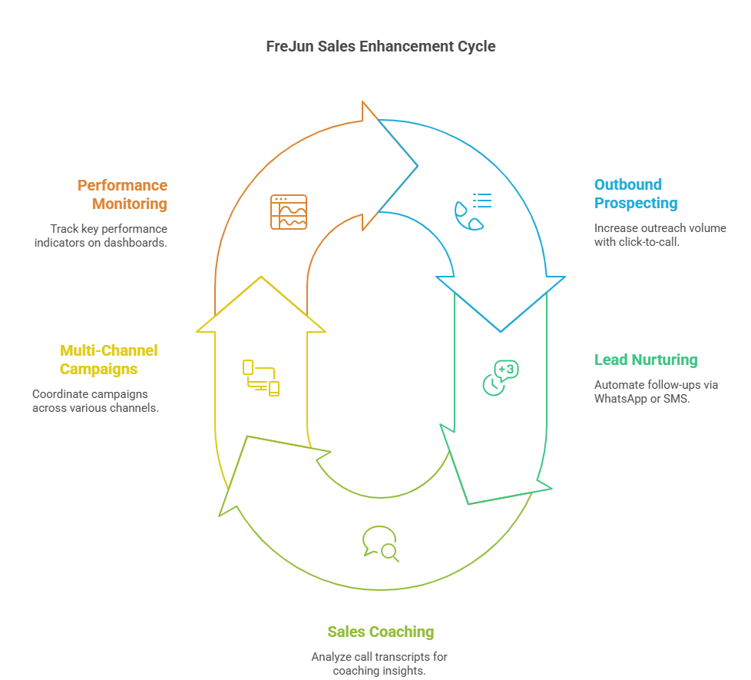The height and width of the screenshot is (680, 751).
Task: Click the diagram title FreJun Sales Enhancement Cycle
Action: click(x=380, y=46)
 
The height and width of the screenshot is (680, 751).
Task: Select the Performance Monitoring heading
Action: click(x=122, y=194)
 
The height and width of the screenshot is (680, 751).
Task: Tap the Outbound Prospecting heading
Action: click(x=636, y=194)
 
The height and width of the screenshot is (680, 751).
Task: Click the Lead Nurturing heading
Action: click(x=646, y=360)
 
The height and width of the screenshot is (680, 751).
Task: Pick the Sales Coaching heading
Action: click(x=380, y=632)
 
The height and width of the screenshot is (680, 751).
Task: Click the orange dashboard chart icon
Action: click(x=289, y=212)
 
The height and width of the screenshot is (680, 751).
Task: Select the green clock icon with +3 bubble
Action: click(x=500, y=377)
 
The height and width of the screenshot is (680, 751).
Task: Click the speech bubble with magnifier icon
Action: click(x=380, y=543)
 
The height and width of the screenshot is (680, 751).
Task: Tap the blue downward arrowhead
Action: click(x=501, y=303)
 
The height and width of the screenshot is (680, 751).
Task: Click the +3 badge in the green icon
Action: click(x=507, y=370)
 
